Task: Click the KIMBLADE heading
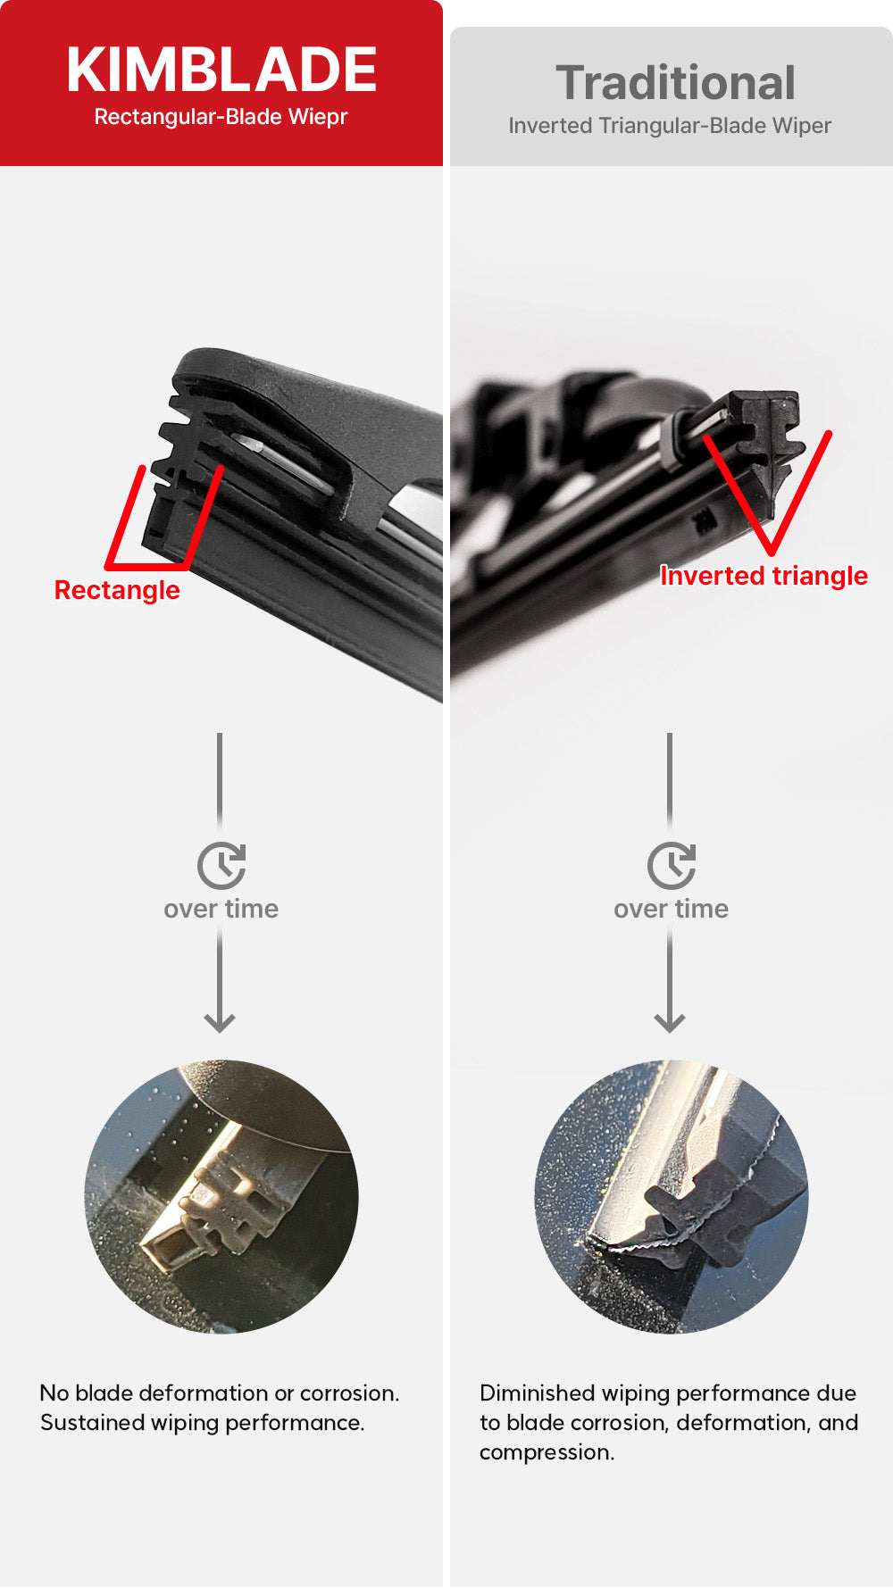tap(221, 70)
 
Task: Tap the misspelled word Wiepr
tap(317, 117)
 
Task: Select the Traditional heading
tap(676, 83)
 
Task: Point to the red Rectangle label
tap(117, 590)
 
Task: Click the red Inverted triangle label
tap(764, 576)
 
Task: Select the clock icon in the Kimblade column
tap(221, 865)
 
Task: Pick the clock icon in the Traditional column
tap(672, 865)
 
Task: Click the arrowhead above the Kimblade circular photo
tap(220, 1021)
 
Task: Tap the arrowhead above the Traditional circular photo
tap(670, 1021)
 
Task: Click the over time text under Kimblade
tap(221, 909)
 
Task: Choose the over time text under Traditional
tap(672, 909)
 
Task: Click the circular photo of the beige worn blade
tap(221, 1197)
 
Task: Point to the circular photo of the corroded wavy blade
tap(672, 1197)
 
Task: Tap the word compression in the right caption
tap(547, 1453)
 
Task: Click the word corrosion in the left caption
tap(349, 1393)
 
